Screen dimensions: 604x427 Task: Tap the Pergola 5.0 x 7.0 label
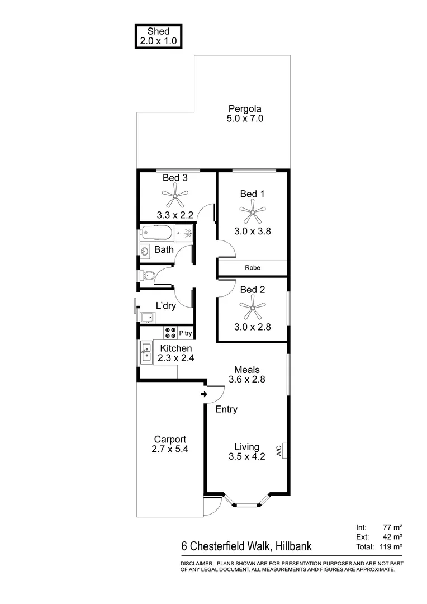pyautogui.click(x=245, y=114)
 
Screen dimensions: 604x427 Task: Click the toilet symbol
pyautogui.click(x=147, y=275)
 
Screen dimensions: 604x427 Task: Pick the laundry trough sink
pyautogui.click(x=148, y=318)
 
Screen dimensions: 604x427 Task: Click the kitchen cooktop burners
pyautogui.click(x=170, y=333)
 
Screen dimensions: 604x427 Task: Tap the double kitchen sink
pyautogui.click(x=146, y=352)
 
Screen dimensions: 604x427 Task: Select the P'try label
pyautogui.click(x=185, y=334)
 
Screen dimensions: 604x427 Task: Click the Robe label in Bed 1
pyautogui.click(x=253, y=268)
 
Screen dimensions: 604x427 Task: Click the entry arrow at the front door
pyautogui.click(x=205, y=395)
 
